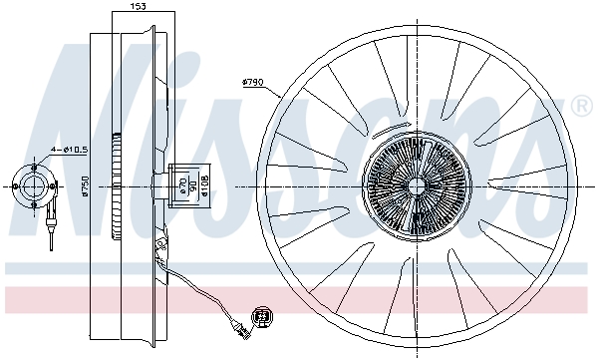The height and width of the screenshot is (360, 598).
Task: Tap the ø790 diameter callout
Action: pos(253,83)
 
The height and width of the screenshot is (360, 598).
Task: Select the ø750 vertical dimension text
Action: pos(85,185)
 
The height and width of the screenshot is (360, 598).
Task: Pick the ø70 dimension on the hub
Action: pos(180,185)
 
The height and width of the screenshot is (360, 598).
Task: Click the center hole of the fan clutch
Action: pos(413,185)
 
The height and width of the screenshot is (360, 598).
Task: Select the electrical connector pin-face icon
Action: pos(263,316)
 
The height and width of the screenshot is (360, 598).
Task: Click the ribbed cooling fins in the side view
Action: pos(120,185)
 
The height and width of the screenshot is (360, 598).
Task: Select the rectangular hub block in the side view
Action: pos(184,185)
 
